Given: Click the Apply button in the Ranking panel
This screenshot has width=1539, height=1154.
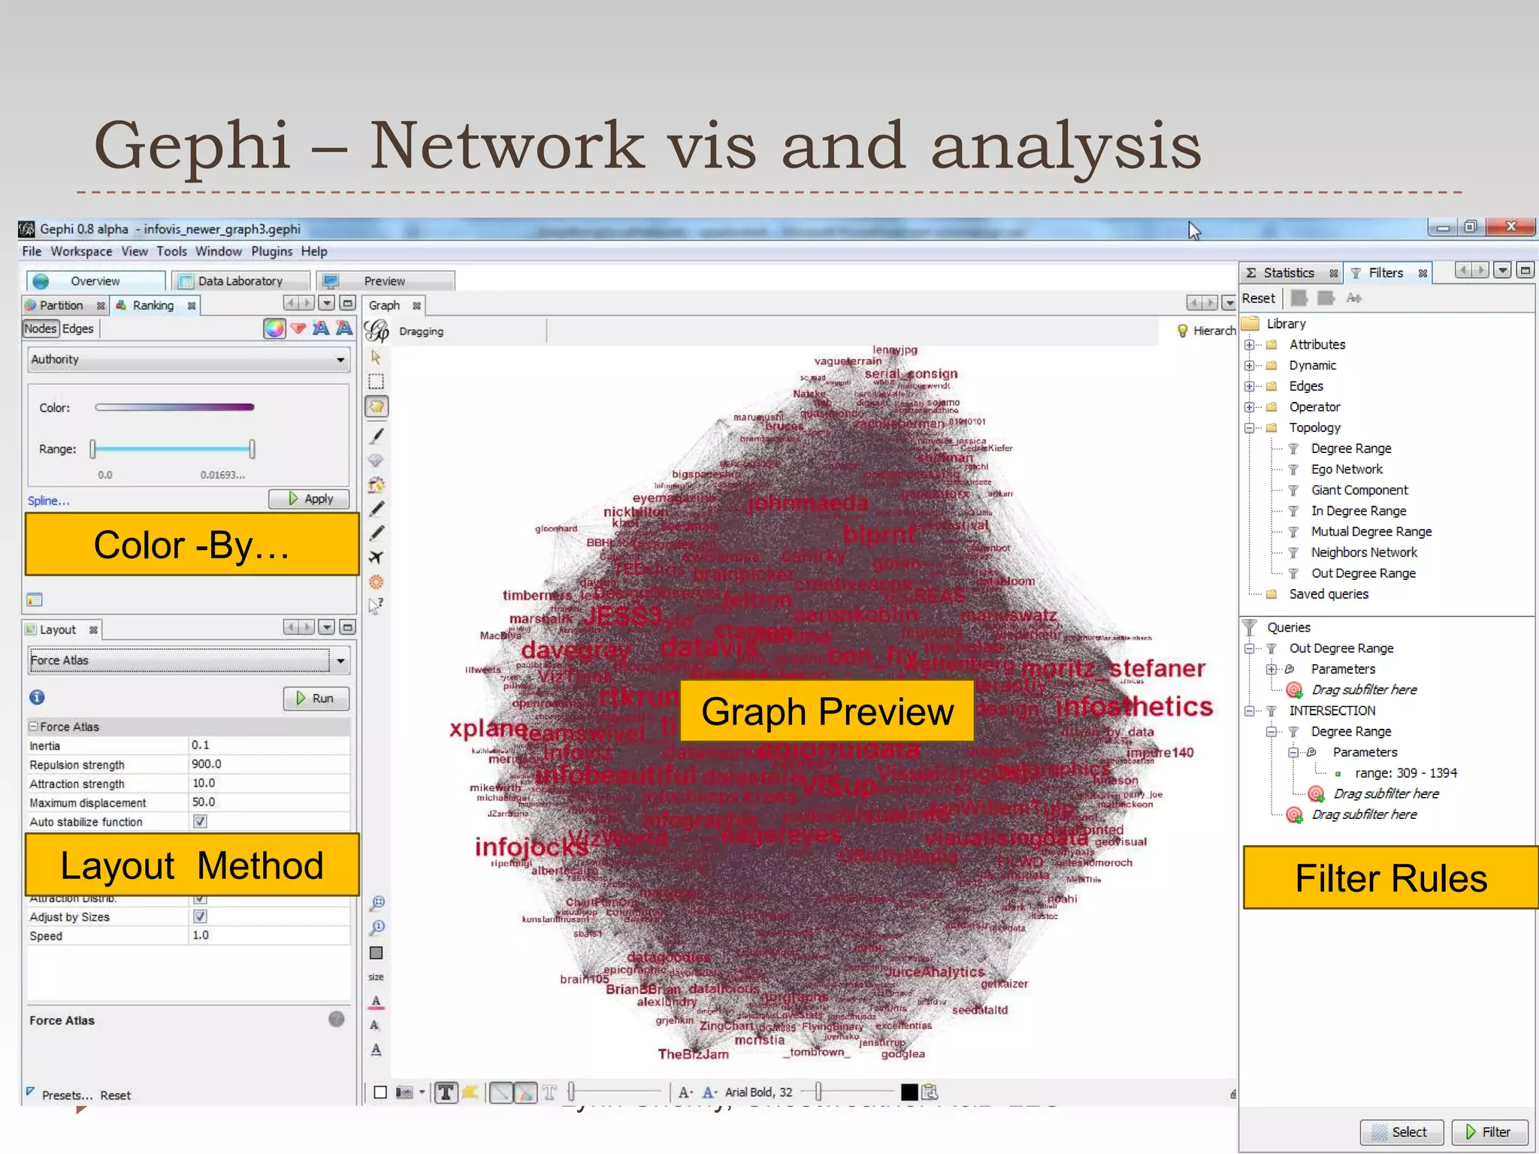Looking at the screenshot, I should coord(310,499).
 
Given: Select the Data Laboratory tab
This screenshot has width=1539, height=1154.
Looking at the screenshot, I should coord(240,281).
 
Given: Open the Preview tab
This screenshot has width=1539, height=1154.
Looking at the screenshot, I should coord(384,281).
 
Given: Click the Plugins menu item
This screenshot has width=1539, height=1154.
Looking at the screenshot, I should coord(271,252).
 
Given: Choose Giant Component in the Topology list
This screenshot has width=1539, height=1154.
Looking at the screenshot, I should coord(1359,490).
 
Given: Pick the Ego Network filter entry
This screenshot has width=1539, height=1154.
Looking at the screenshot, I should coord(1346,469).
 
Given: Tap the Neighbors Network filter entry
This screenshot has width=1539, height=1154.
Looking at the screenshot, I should coord(1363,552).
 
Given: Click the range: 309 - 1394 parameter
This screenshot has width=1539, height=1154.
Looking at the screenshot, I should coord(1404,773).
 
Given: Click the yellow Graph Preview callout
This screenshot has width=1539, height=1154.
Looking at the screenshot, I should coord(827,711).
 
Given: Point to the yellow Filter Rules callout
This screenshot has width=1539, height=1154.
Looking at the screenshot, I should coord(1390,878).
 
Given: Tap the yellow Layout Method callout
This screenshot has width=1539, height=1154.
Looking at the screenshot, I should coord(192,865).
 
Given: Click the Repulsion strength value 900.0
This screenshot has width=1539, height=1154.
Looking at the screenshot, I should coord(207,764).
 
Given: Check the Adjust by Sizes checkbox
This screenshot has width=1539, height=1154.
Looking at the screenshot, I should coord(200,917).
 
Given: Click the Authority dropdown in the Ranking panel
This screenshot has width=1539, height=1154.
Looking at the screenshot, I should coord(188,360).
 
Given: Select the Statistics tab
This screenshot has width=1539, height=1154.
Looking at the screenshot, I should coord(1288,273).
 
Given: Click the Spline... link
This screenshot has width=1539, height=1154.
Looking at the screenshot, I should coord(48,501).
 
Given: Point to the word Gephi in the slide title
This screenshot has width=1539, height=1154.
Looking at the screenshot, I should coord(192,145).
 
